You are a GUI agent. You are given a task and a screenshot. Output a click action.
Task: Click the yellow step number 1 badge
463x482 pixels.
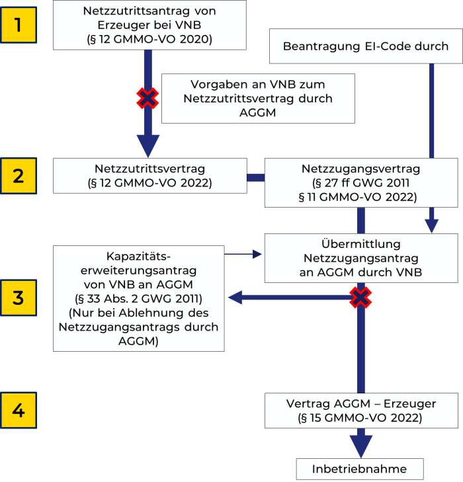19,25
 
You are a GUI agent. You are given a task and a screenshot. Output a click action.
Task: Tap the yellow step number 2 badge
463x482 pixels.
19,176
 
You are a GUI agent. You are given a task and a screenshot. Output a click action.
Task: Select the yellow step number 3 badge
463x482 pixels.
19,298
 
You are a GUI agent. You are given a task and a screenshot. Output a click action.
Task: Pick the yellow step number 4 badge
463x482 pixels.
19,410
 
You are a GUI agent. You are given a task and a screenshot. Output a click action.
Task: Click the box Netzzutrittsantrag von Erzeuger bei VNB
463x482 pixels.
149,25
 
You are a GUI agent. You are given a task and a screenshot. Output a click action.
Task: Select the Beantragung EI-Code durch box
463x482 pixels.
365,46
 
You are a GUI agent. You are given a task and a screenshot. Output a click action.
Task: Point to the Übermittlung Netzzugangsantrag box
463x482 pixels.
360,258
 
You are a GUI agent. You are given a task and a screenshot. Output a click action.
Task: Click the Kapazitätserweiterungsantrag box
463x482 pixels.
139,298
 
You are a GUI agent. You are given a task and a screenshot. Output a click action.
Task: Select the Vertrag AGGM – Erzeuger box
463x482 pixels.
361,410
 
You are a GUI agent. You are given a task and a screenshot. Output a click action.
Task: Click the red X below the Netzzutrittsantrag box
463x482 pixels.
147,99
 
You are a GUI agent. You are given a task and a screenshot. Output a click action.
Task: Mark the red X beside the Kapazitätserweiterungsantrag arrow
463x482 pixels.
360,298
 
